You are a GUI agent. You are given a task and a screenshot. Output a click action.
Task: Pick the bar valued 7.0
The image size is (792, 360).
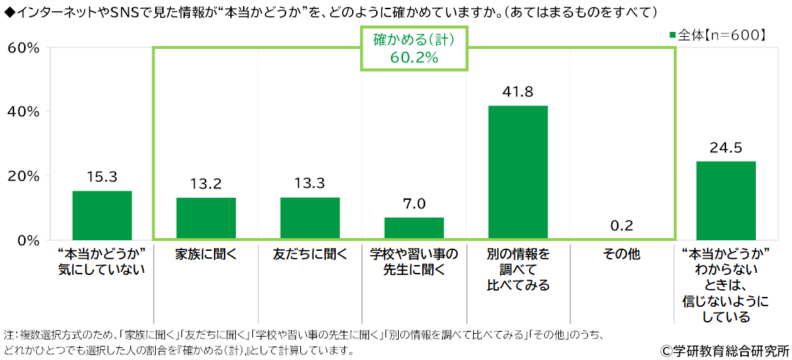point(414,228)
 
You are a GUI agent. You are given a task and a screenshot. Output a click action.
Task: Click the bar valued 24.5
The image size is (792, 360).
point(725,201)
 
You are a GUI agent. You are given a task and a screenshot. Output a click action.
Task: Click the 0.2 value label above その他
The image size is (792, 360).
point(621,226)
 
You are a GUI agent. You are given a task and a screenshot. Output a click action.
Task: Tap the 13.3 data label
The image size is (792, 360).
point(310,184)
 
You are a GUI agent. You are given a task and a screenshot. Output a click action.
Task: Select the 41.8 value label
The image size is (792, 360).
point(518,91)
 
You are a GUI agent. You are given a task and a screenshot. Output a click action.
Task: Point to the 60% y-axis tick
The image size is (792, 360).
point(23,47)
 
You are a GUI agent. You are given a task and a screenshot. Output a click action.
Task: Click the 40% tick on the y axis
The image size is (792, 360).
point(23,112)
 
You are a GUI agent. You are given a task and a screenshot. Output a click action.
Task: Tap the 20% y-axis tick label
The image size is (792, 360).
point(23,176)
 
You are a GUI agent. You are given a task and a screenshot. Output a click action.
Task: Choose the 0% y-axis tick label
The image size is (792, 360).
point(27,240)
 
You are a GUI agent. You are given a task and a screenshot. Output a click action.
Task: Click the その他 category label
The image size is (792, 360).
point(621,254)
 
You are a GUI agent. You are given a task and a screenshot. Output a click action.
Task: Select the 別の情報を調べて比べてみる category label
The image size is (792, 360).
point(518,269)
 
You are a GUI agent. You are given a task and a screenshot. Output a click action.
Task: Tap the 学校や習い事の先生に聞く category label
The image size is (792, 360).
point(414,261)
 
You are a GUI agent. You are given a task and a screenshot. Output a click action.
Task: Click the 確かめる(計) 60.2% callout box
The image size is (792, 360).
point(414,48)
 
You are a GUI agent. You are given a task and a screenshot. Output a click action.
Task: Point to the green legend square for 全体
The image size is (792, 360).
point(672,34)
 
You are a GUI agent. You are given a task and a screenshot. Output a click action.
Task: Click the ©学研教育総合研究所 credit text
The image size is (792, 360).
point(724,350)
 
